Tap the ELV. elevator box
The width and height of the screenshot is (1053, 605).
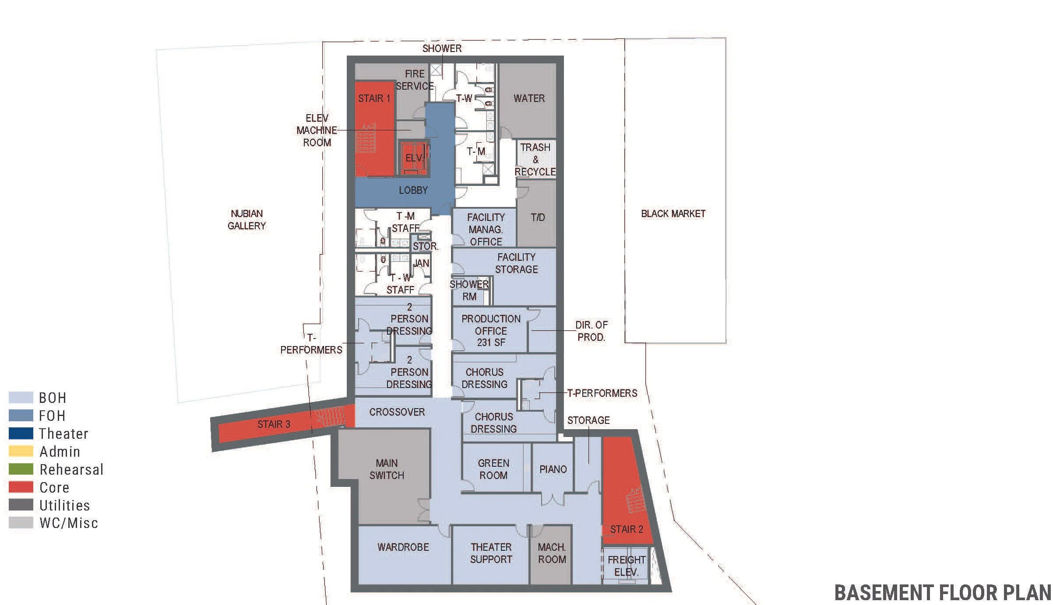(414, 158)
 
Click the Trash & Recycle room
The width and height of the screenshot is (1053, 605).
(535, 160)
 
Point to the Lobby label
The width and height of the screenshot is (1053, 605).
(413, 190)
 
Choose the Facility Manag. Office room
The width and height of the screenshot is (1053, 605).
(485, 229)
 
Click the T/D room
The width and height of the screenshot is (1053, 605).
(537, 217)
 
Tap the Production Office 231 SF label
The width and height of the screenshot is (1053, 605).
(491, 331)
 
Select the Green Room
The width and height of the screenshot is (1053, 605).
(493, 469)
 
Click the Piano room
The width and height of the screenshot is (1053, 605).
(553, 469)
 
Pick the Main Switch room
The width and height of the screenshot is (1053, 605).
(386, 469)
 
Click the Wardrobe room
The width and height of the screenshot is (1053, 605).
(403, 548)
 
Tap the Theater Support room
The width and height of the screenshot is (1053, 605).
(491, 553)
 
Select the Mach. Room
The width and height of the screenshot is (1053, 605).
(551, 553)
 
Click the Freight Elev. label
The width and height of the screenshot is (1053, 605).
(626, 566)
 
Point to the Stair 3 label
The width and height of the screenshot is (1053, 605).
(274, 424)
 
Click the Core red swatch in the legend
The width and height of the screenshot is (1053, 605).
(21, 487)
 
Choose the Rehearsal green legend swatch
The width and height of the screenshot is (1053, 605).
(21, 469)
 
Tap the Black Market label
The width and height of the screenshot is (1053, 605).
(673, 214)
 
